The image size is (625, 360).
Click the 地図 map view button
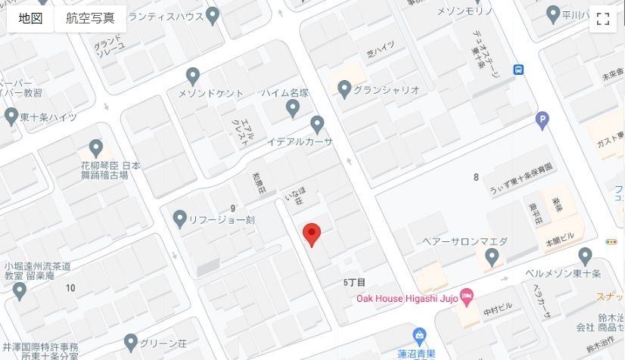tap(31, 18)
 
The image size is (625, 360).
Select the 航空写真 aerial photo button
tap(90, 18)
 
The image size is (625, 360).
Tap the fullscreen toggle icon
tap(603, 19)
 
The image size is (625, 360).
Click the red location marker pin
tap(311, 234)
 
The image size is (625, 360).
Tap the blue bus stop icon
tap(519, 70)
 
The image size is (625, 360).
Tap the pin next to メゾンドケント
tap(193, 76)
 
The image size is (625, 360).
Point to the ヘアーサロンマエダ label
tap(464, 241)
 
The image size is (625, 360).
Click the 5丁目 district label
tap(354, 281)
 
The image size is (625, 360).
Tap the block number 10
tap(70, 287)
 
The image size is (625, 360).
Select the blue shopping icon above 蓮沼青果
tap(419, 334)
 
